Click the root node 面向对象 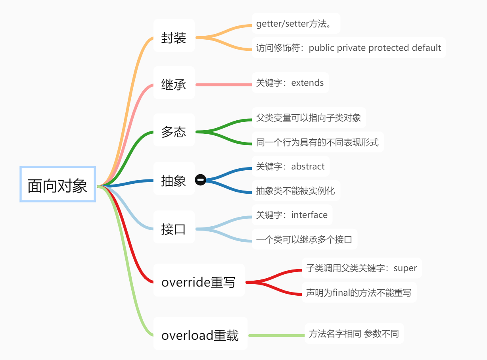click(58, 185)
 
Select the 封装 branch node click(174, 38)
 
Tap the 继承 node click(174, 85)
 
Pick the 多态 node click(174, 132)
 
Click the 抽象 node click(174, 181)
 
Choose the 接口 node click(174, 229)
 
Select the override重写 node click(198, 282)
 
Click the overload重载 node click(200, 335)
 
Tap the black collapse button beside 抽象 click(201, 180)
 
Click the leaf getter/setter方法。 click(295, 24)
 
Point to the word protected click(389, 48)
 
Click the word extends click(307, 83)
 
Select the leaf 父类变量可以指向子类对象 click(309, 118)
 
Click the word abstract click(308, 166)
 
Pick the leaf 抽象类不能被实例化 click(295, 191)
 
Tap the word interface click(309, 215)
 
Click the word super click(405, 268)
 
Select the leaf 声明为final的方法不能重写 click(359, 293)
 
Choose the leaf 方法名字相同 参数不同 click(354, 334)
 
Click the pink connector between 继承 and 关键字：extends click(223, 85)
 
